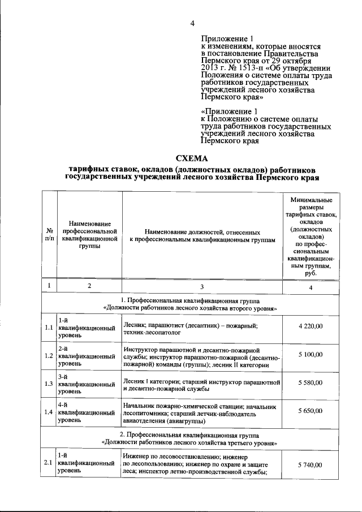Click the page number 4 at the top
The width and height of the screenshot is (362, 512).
(192, 23)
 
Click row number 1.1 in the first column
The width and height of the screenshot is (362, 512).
(49, 327)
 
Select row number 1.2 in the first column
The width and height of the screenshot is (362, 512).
(49, 355)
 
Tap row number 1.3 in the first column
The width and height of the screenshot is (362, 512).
(49, 383)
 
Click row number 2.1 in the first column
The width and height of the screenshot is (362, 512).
(49, 464)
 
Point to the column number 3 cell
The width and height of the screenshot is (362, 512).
(202, 286)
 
